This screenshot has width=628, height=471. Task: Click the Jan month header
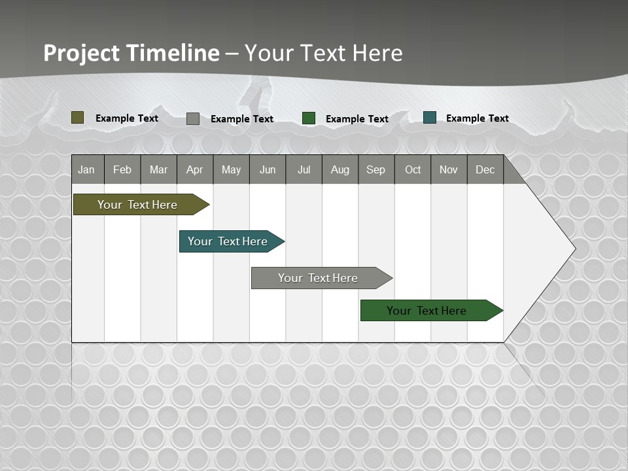(x=86, y=169)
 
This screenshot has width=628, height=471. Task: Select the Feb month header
(x=122, y=169)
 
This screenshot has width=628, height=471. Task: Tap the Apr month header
(x=195, y=169)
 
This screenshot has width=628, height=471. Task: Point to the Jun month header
(x=268, y=169)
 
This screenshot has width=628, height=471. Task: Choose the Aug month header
(x=340, y=169)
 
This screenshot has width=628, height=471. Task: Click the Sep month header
(x=376, y=169)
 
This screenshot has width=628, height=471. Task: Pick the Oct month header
(x=413, y=169)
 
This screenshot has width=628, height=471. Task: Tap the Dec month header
(x=485, y=169)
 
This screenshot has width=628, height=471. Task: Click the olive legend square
(x=77, y=118)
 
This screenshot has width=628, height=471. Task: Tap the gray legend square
(x=193, y=118)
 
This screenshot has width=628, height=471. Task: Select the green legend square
(x=309, y=118)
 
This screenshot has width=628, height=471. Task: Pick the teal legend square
(x=430, y=118)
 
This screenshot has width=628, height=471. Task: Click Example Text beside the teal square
(x=477, y=118)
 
